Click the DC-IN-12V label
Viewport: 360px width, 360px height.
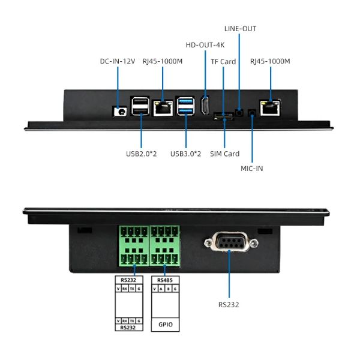point(118,61)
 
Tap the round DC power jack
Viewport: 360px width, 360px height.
point(121,112)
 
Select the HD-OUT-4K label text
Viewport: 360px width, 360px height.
point(205,45)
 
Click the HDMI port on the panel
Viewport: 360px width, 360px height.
point(205,105)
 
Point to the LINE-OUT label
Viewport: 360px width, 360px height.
point(240,29)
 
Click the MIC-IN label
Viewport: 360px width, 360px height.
point(252,169)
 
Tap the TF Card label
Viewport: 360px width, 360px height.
point(223,62)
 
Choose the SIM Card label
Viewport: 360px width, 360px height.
point(224,154)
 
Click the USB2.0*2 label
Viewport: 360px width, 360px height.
point(141,154)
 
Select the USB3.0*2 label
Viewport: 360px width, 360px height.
point(185,154)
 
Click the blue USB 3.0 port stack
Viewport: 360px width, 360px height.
point(185,106)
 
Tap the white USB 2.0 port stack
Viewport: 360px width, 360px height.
point(140,106)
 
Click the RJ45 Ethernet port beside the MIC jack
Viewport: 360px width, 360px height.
point(270,107)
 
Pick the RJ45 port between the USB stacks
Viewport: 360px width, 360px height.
point(163,108)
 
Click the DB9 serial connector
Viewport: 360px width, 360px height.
point(231,242)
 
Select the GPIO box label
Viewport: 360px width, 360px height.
point(166,325)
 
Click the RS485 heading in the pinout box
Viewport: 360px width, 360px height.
point(165,280)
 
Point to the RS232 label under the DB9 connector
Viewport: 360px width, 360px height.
point(229,305)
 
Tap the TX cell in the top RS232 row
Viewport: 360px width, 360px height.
point(132,289)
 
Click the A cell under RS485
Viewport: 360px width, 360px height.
point(161,289)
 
